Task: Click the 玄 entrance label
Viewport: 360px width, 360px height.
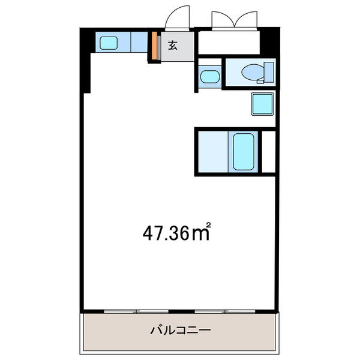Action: click(173, 46)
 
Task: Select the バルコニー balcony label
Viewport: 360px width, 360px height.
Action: click(180, 330)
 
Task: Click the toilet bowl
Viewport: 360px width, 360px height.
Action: click(253, 73)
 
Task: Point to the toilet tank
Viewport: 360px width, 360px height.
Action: click(269, 72)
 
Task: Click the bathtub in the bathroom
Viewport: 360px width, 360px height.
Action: click(244, 152)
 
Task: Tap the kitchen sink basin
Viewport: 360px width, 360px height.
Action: click(109, 43)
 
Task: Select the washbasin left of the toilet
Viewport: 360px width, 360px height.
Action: click(210, 77)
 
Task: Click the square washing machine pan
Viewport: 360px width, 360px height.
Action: click(263, 104)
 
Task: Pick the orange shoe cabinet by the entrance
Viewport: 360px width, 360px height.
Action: click(155, 46)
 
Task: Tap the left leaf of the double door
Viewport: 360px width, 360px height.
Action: click(223, 19)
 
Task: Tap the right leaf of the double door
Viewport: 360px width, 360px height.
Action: click(245, 19)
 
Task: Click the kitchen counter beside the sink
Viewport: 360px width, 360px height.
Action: click(139, 42)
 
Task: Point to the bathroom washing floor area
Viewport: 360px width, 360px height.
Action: click(213, 152)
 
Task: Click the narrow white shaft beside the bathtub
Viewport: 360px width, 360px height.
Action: click(269, 152)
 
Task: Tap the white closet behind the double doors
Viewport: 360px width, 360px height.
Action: click(229, 43)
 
